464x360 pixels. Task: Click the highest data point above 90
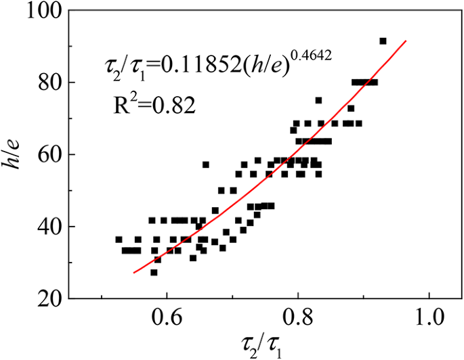[383, 41]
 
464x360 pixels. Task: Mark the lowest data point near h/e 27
[154, 272]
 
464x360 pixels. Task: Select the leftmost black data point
[119, 239]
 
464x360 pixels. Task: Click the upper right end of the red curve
[406, 41]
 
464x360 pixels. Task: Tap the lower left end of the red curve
[133, 273]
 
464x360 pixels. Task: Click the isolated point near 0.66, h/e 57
[206, 164]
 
